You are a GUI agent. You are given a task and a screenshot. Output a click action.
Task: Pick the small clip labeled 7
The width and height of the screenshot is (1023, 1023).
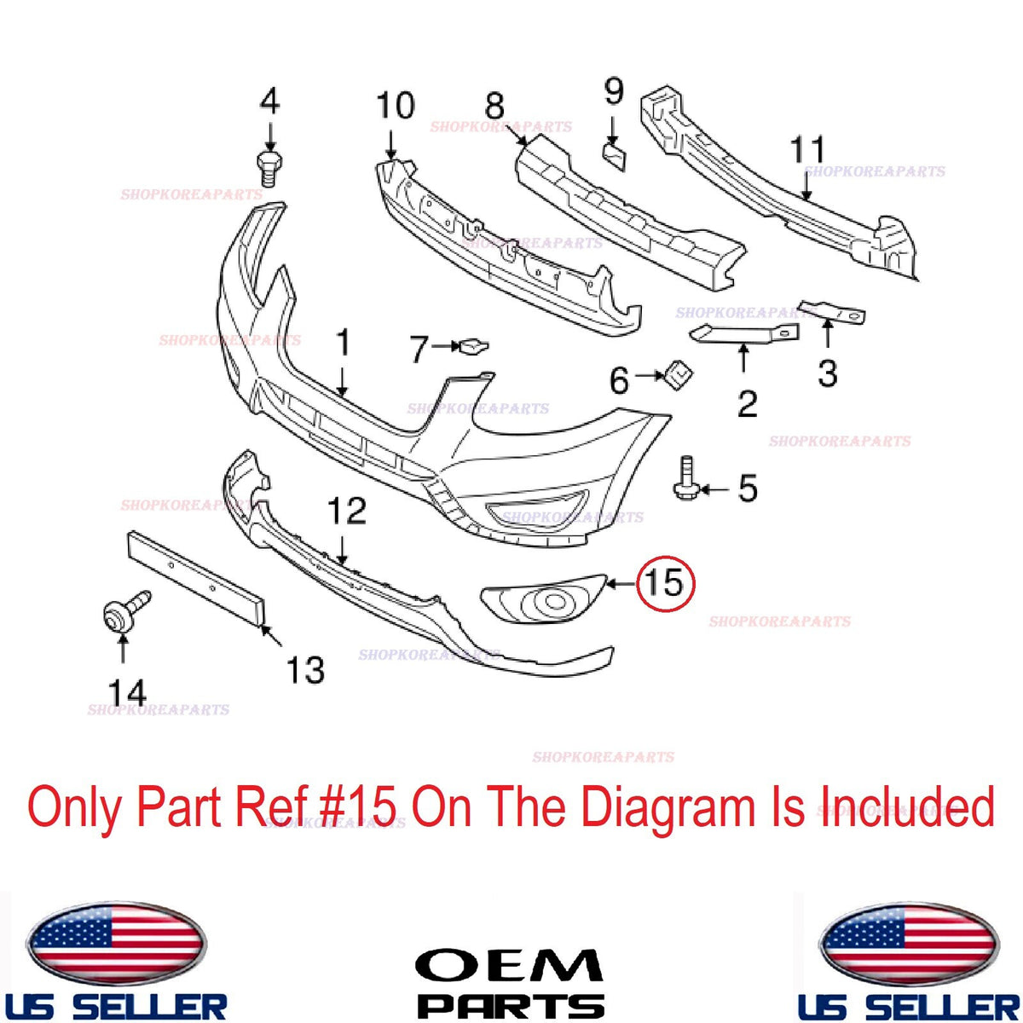pyautogui.click(x=473, y=346)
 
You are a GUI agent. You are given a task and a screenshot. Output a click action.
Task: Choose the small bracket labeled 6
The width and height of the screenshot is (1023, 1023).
pyautogui.click(x=676, y=374)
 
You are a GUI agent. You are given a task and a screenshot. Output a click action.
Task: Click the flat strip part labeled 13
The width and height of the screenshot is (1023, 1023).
pyautogui.click(x=196, y=580)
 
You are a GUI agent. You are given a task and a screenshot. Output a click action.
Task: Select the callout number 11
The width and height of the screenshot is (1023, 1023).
pyautogui.click(x=807, y=150)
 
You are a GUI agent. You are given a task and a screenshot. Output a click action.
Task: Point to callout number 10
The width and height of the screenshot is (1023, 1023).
pyautogui.click(x=395, y=106)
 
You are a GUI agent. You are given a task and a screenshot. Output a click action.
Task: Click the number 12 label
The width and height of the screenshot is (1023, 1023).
pyautogui.click(x=347, y=511)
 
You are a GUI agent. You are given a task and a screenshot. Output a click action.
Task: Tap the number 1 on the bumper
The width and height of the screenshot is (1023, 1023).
pyautogui.click(x=344, y=343)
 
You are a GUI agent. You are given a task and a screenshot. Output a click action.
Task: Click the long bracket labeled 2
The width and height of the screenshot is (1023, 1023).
pyautogui.click(x=743, y=332)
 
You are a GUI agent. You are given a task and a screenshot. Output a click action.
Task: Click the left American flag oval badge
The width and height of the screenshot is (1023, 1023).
pyautogui.click(x=116, y=941)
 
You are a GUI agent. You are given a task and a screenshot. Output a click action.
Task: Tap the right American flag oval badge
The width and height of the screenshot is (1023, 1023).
pyautogui.click(x=909, y=941)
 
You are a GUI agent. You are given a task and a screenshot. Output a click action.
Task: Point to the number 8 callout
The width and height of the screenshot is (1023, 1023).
pyautogui.click(x=494, y=107)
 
